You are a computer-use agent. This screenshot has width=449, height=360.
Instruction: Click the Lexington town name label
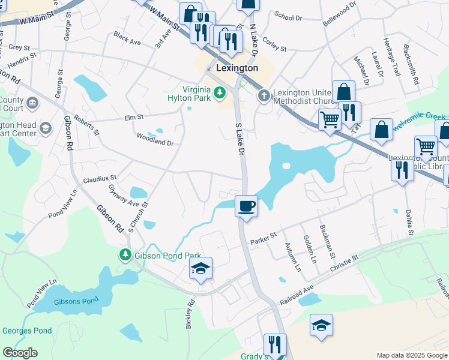[237, 68]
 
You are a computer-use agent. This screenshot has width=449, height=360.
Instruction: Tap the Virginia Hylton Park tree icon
[220, 92]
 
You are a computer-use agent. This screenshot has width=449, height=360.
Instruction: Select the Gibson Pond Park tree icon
[125, 255]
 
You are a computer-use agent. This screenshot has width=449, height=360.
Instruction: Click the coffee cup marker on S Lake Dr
[246, 206]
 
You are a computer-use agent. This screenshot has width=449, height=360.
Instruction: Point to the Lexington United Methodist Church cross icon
[264, 95]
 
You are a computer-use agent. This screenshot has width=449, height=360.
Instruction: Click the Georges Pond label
[27, 331]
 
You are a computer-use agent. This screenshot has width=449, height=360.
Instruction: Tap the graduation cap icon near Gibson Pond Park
[200, 269]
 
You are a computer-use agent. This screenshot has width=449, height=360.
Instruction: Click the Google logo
[20, 353]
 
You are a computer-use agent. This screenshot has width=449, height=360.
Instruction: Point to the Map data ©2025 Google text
[411, 355]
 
